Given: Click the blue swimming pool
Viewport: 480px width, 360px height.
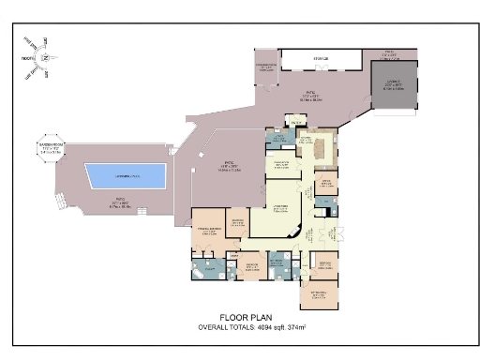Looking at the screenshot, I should pyautogui.click(x=126, y=175).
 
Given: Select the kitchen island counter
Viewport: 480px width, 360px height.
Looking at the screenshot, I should pyautogui.click(x=320, y=149).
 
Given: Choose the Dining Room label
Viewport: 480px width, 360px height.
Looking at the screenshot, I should pyautogui.click(x=280, y=164).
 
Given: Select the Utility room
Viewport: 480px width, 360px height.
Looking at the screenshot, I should pyautogui.click(x=277, y=140).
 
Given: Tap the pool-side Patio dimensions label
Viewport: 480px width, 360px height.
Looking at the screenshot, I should pyautogui.click(x=121, y=200).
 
